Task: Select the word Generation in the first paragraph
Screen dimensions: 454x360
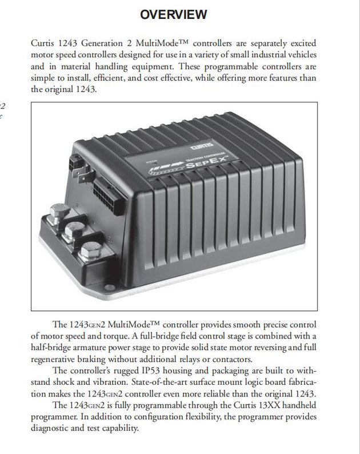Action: (96, 43)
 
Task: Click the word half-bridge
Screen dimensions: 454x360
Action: (53, 348)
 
